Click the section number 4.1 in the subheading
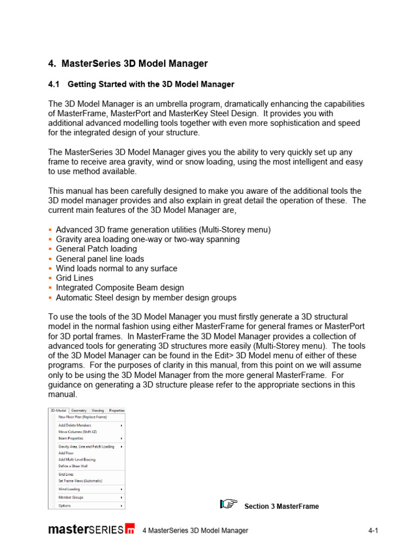click(x=54, y=84)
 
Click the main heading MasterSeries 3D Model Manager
click(x=135, y=64)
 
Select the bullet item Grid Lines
click(x=74, y=278)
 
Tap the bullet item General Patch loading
click(x=96, y=249)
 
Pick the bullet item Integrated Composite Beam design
click(x=119, y=288)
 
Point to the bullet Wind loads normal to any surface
click(x=116, y=268)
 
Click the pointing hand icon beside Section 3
click(x=229, y=504)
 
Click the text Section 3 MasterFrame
click(x=281, y=507)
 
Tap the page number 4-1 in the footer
click(x=372, y=530)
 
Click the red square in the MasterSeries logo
click(x=130, y=529)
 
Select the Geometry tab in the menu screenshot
click(x=79, y=410)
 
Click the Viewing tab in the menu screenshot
click(x=98, y=410)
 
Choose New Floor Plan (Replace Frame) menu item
click(x=83, y=417)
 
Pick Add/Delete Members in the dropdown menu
click(x=75, y=425)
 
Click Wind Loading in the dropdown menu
click(x=69, y=489)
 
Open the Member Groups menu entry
click(x=71, y=497)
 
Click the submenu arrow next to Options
click(x=121, y=506)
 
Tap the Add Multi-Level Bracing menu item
click(x=77, y=459)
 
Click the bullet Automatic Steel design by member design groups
click(x=146, y=298)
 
